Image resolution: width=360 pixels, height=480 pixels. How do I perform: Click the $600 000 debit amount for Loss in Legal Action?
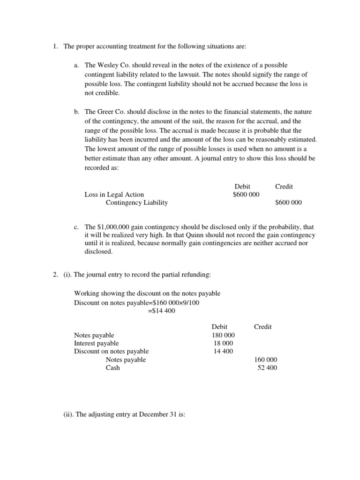click(x=246, y=195)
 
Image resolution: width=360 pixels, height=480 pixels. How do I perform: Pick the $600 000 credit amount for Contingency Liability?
click(x=288, y=202)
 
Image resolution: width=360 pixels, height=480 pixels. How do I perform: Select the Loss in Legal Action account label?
click(x=114, y=195)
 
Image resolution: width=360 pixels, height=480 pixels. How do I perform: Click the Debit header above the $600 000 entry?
click(x=242, y=186)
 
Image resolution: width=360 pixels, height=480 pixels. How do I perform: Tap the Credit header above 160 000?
click(x=262, y=327)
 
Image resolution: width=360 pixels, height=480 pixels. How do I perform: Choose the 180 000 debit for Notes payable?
click(x=223, y=335)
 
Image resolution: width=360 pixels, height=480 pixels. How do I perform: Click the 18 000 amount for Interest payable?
click(x=223, y=343)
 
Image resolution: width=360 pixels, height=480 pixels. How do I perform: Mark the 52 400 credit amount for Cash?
click(x=267, y=367)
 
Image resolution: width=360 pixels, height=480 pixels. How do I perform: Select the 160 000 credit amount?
click(x=265, y=360)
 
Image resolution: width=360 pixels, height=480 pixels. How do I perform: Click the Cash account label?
click(x=112, y=367)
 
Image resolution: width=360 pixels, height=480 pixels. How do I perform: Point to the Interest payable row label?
click(x=96, y=343)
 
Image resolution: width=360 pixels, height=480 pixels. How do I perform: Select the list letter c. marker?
click(x=76, y=227)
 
